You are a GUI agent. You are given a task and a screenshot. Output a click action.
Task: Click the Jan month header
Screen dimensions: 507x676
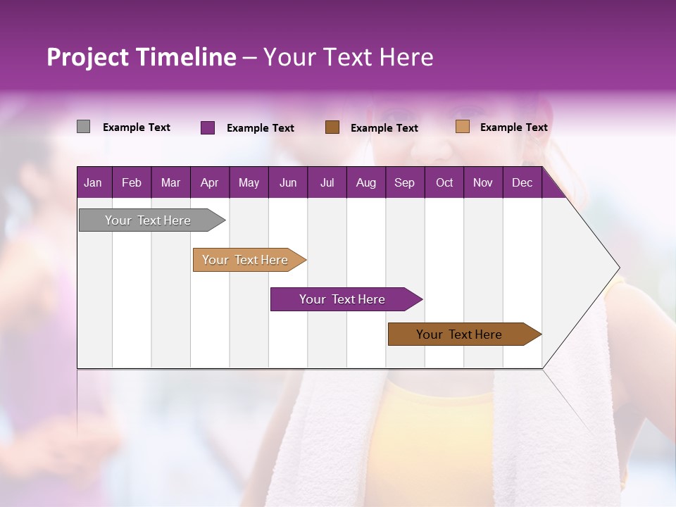click(93, 182)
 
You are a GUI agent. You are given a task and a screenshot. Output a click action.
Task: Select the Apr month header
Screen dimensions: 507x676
click(209, 182)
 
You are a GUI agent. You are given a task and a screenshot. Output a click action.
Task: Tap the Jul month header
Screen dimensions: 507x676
click(327, 182)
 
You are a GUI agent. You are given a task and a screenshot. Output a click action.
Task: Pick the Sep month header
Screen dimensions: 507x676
click(404, 182)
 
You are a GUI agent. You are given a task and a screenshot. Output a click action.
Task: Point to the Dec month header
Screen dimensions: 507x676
click(522, 182)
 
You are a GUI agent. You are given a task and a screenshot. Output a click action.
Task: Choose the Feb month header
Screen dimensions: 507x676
click(132, 182)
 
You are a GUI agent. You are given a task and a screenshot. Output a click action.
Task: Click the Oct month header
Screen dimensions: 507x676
click(444, 182)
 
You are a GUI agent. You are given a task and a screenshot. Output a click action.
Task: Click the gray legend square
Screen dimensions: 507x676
click(83, 127)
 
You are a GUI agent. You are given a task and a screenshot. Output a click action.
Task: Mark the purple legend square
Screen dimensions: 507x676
click(208, 127)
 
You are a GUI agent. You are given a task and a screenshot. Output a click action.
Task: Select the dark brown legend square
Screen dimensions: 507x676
click(332, 127)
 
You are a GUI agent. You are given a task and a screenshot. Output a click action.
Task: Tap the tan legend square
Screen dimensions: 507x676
click(463, 127)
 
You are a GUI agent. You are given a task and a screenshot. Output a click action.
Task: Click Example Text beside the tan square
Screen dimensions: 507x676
click(513, 127)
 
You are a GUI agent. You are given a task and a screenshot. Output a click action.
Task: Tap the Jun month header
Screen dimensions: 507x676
click(288, 182)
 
